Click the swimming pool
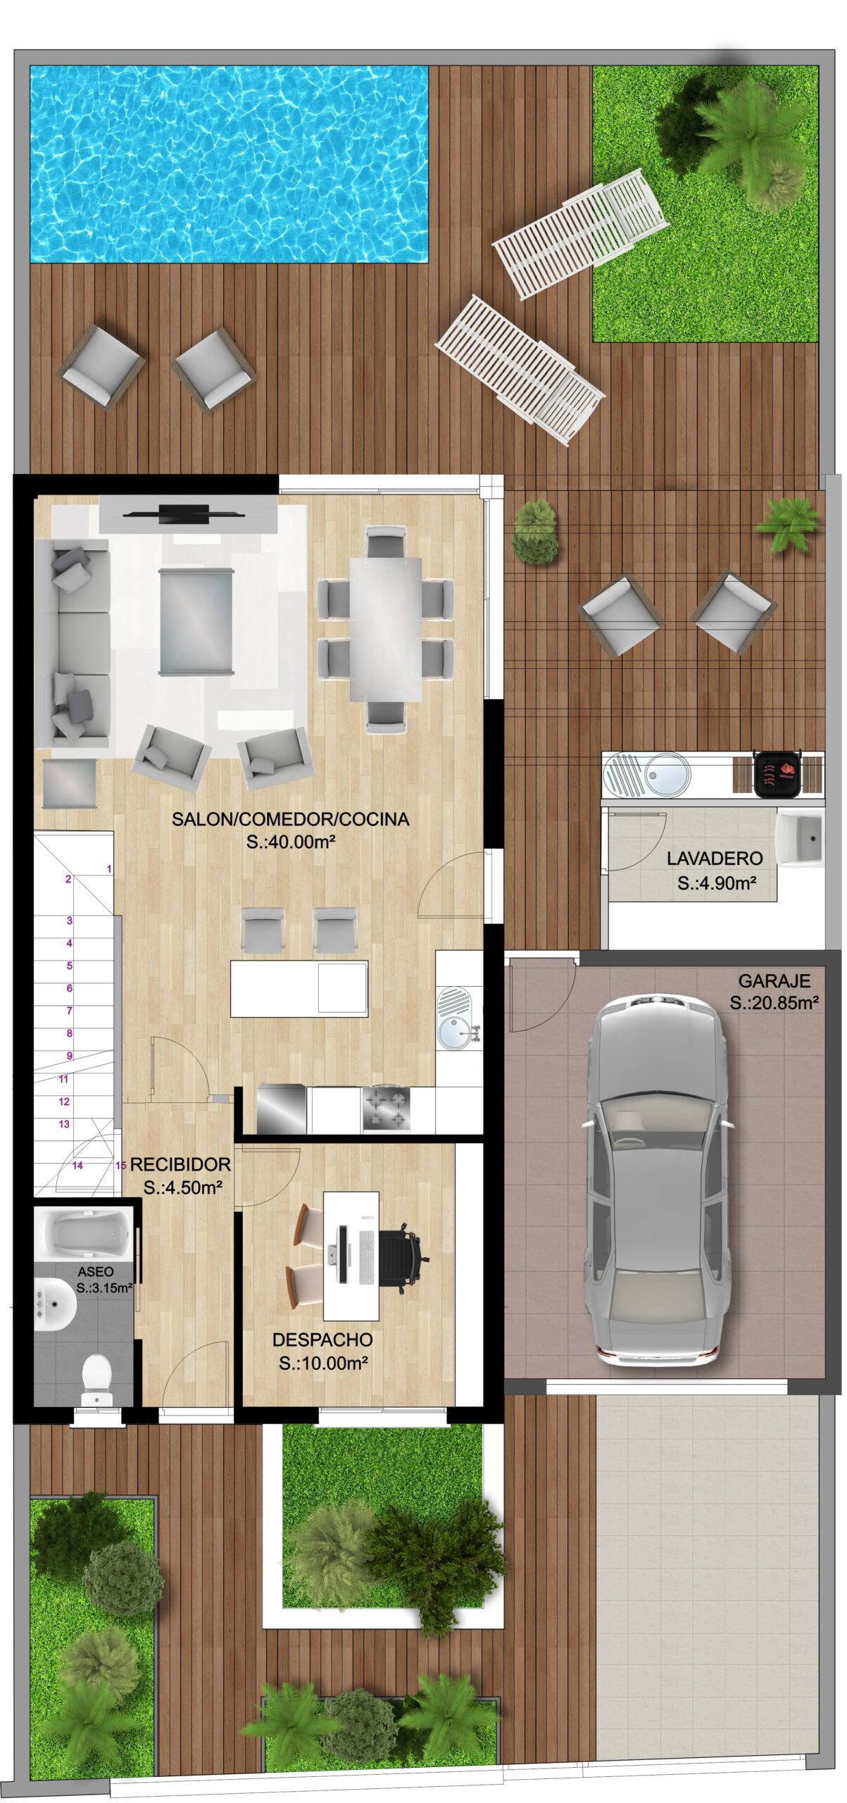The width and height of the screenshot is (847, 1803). coord(230,164)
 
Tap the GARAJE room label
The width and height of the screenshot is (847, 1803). coord(774,980)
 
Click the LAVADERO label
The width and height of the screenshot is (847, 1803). coord(715,859)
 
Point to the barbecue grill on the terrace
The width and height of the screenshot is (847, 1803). coord(777,773)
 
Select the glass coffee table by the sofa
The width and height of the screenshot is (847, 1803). coord(196,622)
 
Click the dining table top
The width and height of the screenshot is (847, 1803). coord(386,630)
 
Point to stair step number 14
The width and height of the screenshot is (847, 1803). coord(77,1166)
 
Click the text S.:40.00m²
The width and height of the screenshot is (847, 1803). coord(290,842)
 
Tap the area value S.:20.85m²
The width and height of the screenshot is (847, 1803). coord(774,1003)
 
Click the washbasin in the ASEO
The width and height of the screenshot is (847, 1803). coord(55,1304)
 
